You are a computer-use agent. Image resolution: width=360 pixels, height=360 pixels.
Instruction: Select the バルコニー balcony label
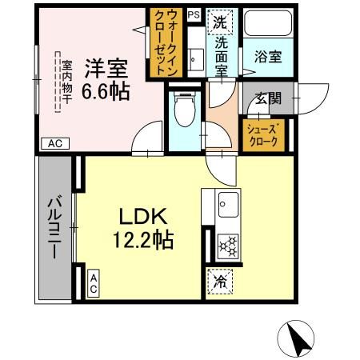[54, 228]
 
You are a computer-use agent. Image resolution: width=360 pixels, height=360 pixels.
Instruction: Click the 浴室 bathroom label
[266, 58]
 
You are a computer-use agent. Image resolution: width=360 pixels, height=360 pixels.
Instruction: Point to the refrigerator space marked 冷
[219, 281]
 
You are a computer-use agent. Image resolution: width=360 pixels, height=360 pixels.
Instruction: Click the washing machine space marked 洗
[220, 22]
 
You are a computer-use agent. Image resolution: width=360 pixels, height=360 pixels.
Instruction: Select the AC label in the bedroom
[54, 144]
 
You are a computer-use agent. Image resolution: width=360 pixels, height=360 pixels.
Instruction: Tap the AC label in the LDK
[94, 282]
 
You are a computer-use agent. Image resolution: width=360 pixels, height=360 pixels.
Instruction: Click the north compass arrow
[298, 340]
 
